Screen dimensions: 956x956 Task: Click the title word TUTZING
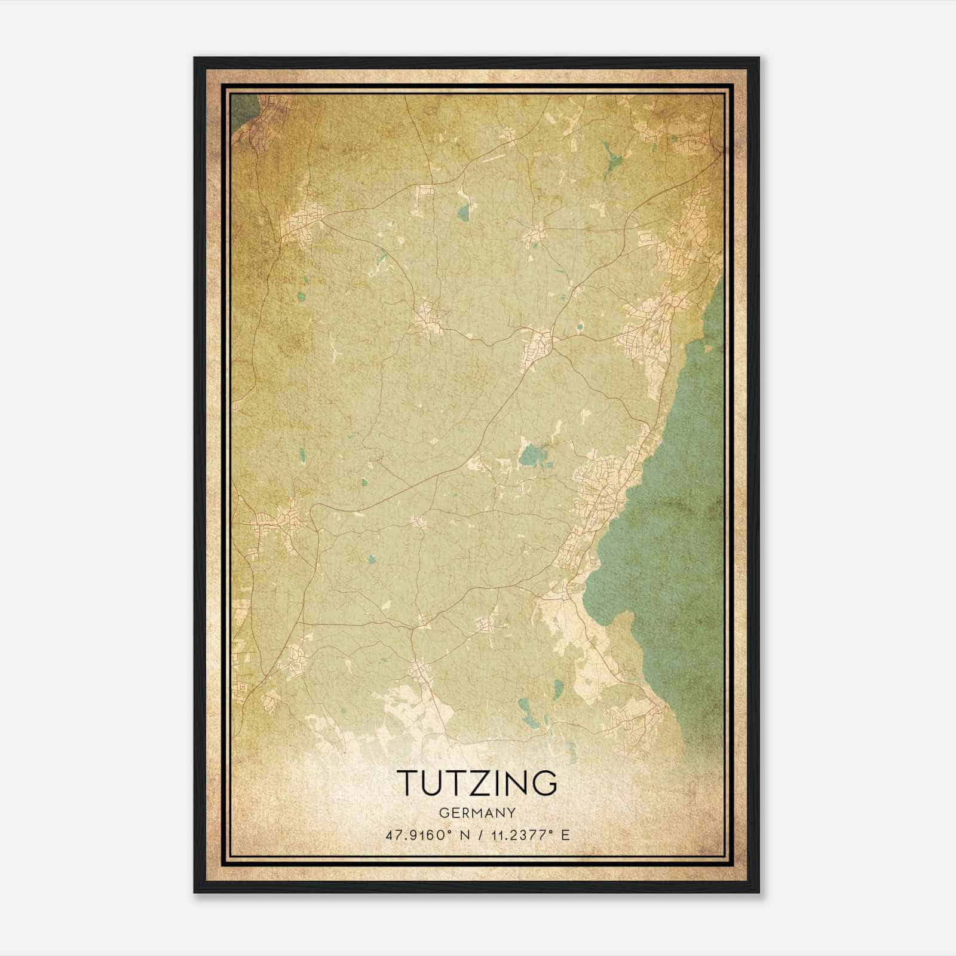[477, 783]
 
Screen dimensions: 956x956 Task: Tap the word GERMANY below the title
[477, 813]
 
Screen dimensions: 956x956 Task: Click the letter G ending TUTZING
[544, 783]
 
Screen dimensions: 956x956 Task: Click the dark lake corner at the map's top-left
[242, 108]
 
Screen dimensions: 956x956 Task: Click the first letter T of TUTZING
[408, 783]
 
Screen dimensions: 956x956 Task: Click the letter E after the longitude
[565, 835]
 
